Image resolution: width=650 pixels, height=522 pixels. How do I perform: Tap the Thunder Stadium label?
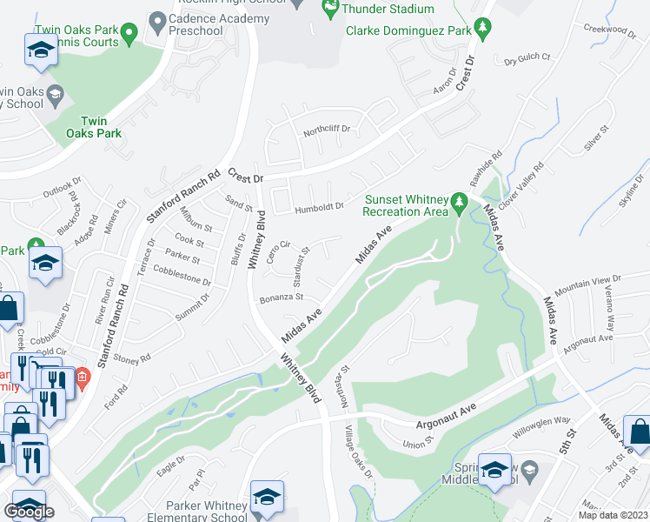click(x=388, y=9)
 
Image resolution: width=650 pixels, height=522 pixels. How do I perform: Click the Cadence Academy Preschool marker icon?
click(x=157, y=19)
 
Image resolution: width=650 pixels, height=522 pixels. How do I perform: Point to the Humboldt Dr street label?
click(x=319, y=207)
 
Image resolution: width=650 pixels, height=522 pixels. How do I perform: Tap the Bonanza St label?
click(x=282, y=298)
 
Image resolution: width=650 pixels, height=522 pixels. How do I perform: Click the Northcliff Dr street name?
click(x=326, y=131)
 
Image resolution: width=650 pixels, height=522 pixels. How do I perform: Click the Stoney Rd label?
click(x=133, y=357)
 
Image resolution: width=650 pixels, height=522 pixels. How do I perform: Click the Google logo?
click(x=28, y=511)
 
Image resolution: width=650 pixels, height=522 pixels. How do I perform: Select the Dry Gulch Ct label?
click(x=527, y=59)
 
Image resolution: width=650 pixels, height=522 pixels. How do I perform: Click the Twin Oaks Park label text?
click(x=101, y=127)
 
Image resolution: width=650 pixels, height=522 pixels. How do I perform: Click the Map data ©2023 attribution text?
click(x=614, y=515)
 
